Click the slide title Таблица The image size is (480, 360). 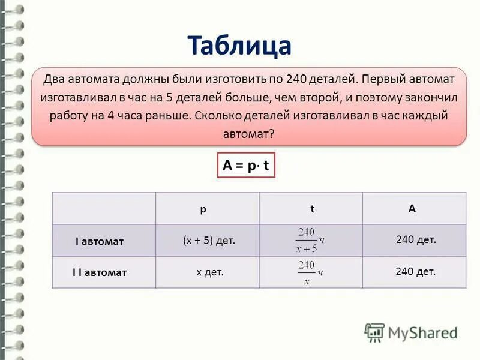pyautogui.click(x=239, y=45)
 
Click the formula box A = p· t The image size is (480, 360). pyautogui.click(x=245, y=166)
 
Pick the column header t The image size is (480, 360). pyautogui.click(x=313, y=209)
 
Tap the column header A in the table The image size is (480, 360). pyautogui.click(x=412, y=208)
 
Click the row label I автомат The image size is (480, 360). pyautogui.click(x=100, y=241)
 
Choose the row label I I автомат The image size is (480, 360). pyautogui.click(x=100, y=272)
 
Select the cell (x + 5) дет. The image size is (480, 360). pyautogui.click(x=209, y=240)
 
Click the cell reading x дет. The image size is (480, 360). pyautogui.click(x=210, y=272)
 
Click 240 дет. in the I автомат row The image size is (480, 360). pyautogui.click(x=416, y=239)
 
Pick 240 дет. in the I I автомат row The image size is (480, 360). pyautogui.click(x=415, y=271)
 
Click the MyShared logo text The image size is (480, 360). pyautogui.click(x=422, y=332)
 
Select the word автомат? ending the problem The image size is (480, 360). pyautogui.click(x=248, y=134)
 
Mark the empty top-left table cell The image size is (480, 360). pyautogui.click(x=104, y=209)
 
